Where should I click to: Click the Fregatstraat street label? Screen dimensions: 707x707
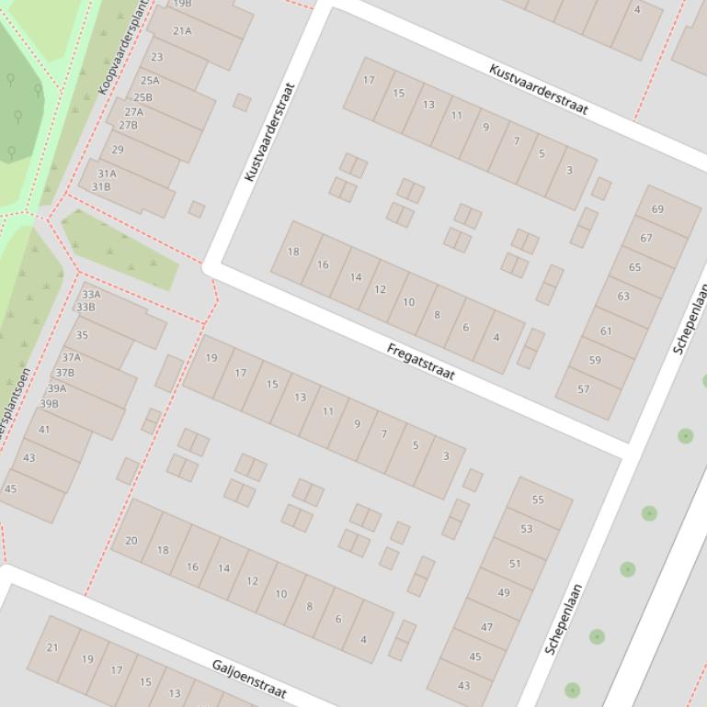tap(421, 362)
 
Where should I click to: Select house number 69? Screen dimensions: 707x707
tap(657, 209)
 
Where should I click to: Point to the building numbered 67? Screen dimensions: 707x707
tap(646, 238)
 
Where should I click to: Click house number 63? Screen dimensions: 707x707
tap(623, 297)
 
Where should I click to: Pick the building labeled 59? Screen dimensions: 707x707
tap(595, 360)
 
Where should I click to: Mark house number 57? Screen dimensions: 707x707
tap(584, 389)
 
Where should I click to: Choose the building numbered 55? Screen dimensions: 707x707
tap(538, 499)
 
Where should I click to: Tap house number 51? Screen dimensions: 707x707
tap(515, 564)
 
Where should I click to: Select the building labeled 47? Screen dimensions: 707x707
tap(486, 627)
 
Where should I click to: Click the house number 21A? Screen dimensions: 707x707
tap(182, 30)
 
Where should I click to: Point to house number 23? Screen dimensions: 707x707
tap(156, 57)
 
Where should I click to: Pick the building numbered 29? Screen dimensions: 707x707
tap(118, 150)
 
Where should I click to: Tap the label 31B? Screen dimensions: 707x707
tap(100, 186)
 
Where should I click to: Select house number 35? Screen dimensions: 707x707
tap(82, 335)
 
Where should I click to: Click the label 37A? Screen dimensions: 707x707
tap(71, 357)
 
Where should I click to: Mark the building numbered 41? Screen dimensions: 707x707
tap(44, 430)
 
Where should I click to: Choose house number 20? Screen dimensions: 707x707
tap(131, 541)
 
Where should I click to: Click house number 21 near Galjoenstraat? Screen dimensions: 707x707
tap(52, 647)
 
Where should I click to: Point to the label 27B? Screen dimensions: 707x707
tap(128, 125)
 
